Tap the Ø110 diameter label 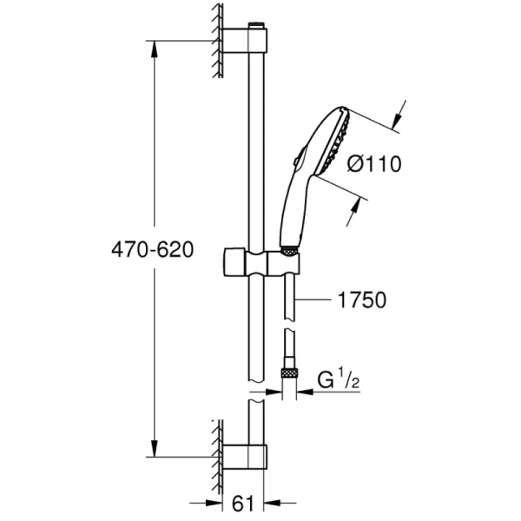click(x=373, y=164)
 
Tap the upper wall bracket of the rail click(x=245, y=41)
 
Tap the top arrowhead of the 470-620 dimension click(x=155, y=49)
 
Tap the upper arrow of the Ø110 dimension click(x=397, y=116)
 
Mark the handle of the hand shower click(x=293, y=208)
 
